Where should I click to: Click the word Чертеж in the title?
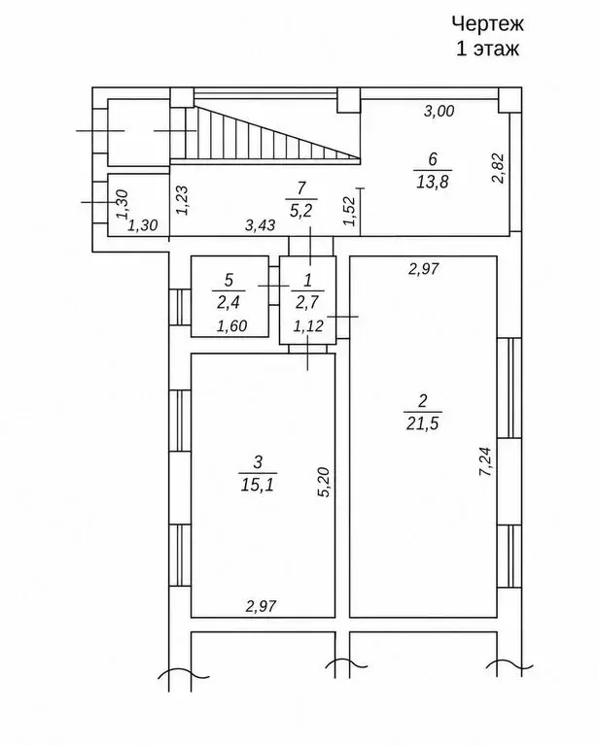coord(487,23)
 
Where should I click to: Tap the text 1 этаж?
coord(487,49)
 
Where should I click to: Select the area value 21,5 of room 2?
coord(423,423)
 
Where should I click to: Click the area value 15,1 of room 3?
coord(258,485)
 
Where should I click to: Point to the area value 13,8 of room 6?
coord(433,182)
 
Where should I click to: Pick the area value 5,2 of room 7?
coord(300,210)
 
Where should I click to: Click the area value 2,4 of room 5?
coord(229,301)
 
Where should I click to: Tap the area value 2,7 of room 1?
coord(307,301)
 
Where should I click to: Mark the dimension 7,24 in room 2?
coord(487,461)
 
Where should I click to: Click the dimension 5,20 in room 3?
coord(323,483)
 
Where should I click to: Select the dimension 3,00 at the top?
coord(439,111)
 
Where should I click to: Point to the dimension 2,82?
coord(499,168)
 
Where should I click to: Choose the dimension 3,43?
coord(260,224)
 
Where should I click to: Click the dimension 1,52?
coord(349,211)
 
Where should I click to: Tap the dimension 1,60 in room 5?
coord(231,326)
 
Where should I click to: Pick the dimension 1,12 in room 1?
coord(308,326)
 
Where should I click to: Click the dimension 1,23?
coord(183,200)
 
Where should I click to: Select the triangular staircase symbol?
coord(272,133)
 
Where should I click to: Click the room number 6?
coord(433,159)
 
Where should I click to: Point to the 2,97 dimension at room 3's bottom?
coord(261,606)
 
